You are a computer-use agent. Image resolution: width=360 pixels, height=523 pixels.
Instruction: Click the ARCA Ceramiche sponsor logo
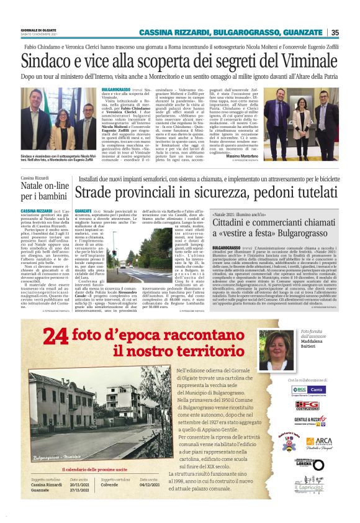pos(318,442)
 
